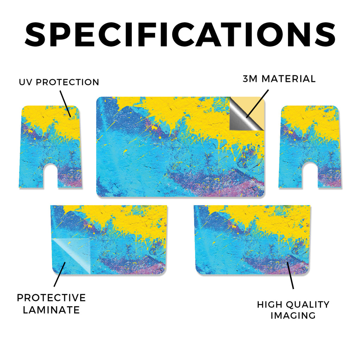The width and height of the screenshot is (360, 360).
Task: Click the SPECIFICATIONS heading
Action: (180, 34)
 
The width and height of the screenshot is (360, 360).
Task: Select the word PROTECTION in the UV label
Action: (67, 82)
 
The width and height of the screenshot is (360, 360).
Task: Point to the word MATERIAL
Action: (289, 79)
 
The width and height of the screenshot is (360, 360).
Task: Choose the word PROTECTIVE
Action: (51, 298)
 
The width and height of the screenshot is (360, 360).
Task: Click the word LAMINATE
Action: (51, 310)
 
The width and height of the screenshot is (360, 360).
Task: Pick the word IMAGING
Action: (293, 315)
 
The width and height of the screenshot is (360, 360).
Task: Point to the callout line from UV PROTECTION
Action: (65, 104)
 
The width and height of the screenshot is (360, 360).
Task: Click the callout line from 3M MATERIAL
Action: (257, 104)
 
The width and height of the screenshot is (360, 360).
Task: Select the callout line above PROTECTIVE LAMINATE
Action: (60, 274)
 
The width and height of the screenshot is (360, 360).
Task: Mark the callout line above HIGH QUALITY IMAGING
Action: (290, 275)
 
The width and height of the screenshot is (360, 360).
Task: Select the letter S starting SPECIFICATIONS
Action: (35, 34)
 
